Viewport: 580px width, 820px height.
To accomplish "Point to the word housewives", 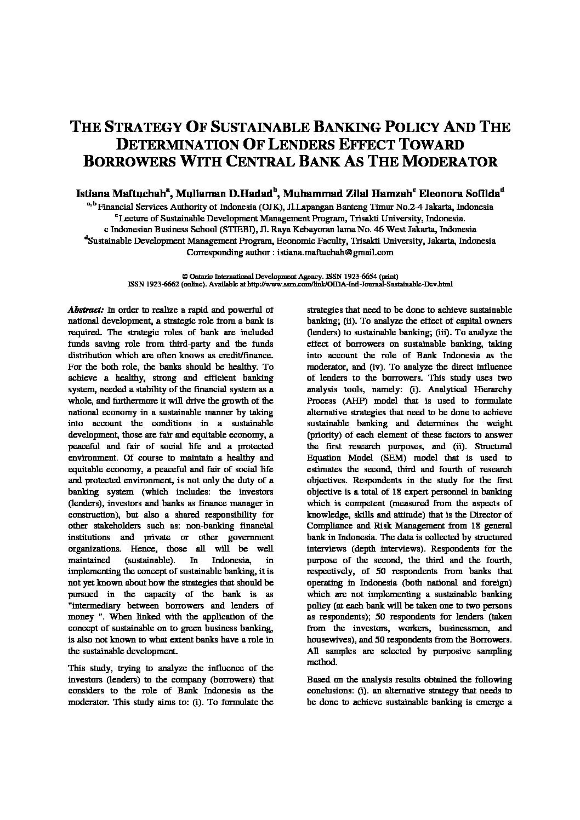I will tap(328, 640).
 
